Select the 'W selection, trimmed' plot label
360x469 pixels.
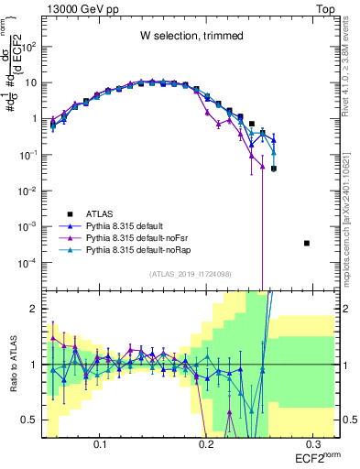point(191,36)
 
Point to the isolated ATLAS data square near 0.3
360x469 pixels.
point(307,243)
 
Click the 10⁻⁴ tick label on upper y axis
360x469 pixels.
point(31,262)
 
